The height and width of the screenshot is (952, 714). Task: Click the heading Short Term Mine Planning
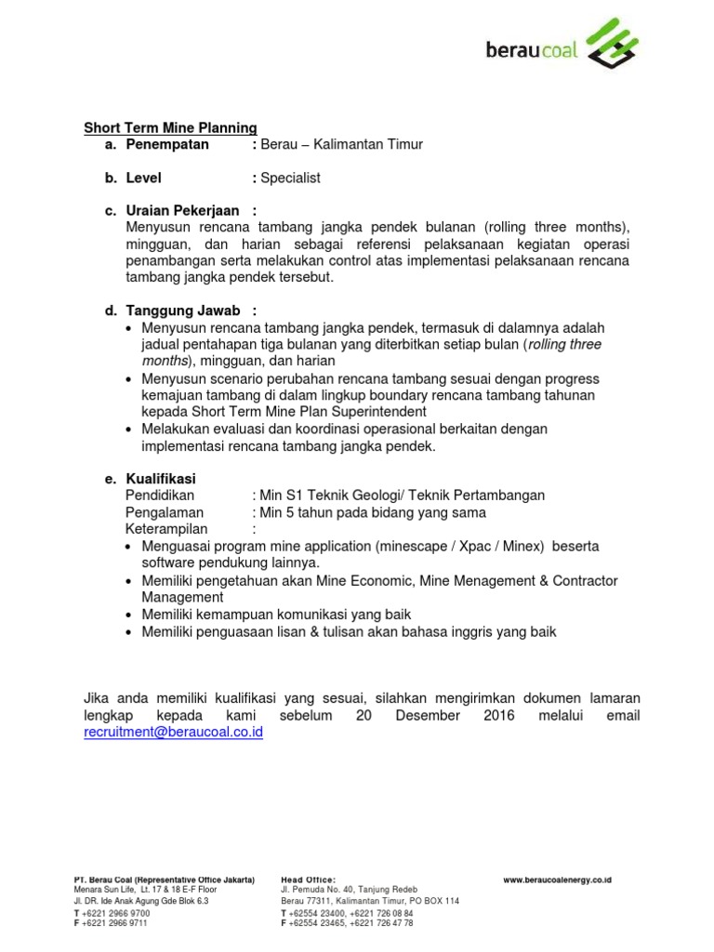coord(170,127)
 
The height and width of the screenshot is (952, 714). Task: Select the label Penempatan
coord(167,144)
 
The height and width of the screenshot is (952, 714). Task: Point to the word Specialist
coord(290,178)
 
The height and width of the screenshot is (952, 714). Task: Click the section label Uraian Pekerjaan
coord(183,211)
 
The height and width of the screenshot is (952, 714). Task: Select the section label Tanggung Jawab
coord(183,311)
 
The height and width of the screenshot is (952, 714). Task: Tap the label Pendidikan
coord(160,496)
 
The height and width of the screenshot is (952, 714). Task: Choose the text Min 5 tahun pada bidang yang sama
coord(373,512)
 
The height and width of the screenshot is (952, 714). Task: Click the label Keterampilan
coord(165,529)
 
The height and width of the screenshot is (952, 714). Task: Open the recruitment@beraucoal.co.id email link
coord(174,733)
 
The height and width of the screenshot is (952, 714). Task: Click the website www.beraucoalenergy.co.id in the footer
coord(557,879)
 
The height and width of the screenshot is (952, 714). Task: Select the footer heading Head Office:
coord(308,879)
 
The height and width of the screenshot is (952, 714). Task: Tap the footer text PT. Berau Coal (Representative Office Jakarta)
coord(164,879)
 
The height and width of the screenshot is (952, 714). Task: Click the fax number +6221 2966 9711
coord(115,923)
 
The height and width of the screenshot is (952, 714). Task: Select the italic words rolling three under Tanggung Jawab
coord(564,345)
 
